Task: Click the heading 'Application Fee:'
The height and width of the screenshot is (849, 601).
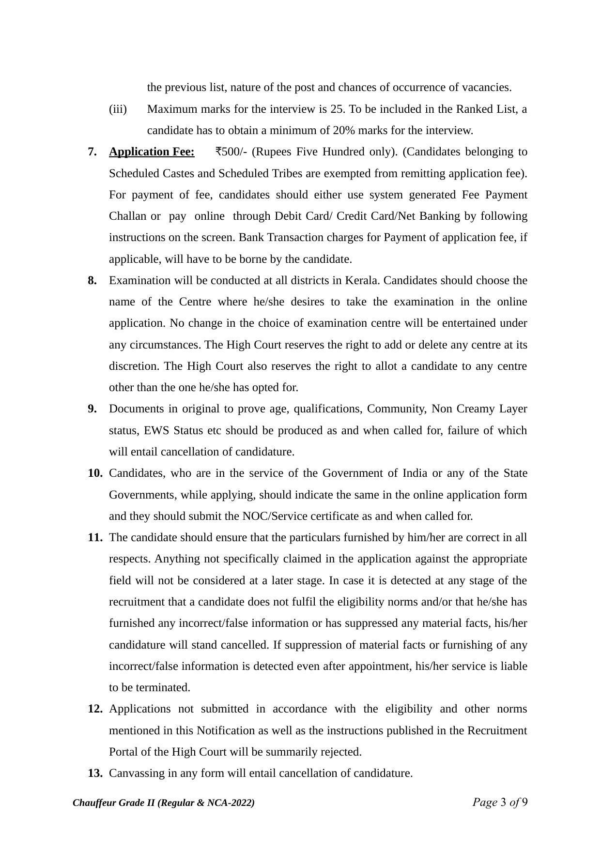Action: tap(152, 152)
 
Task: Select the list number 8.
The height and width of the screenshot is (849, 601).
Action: tap(92, 281)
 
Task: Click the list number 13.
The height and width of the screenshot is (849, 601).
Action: tap(95, 773)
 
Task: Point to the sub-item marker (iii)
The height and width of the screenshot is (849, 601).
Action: tap(118, 109)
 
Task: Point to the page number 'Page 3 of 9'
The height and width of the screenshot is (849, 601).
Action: tap(500, 803)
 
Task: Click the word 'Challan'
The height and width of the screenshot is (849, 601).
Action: tap(127, 216)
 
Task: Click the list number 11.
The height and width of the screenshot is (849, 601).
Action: tap(95, 538)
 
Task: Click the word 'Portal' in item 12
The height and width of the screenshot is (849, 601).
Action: tap(123, 752)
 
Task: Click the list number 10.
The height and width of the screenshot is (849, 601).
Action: tap(95, 473)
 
